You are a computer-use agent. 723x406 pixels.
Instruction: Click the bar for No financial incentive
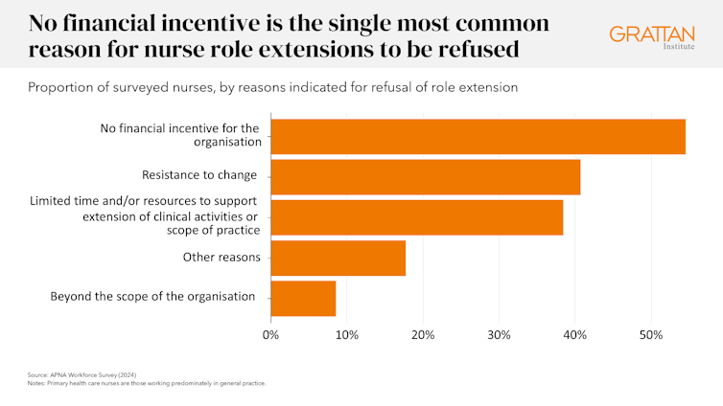[478, 136]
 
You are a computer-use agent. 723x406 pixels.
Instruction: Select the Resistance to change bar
[425, 176]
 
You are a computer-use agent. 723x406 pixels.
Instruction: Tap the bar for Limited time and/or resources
[416, 216]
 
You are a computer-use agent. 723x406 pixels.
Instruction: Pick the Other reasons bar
[338, 258]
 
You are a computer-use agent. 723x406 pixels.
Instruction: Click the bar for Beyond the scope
[303, 298]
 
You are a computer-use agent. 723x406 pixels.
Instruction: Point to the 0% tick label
[270, 335]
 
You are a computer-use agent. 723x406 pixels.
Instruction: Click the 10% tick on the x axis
[346, 335]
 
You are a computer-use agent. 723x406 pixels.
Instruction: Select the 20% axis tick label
[423, 335]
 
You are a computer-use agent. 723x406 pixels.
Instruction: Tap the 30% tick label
[499, 335]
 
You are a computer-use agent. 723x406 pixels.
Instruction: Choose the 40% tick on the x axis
[574, 335]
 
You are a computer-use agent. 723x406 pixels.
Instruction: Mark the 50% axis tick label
[651, 335]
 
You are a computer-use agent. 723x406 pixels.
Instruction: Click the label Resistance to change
[199, 175]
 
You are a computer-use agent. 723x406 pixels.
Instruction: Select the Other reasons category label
[222, 257]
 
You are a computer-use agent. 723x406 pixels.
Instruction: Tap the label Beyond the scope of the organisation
[152, 297]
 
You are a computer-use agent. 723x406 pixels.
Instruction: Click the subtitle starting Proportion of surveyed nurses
[272, 88]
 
